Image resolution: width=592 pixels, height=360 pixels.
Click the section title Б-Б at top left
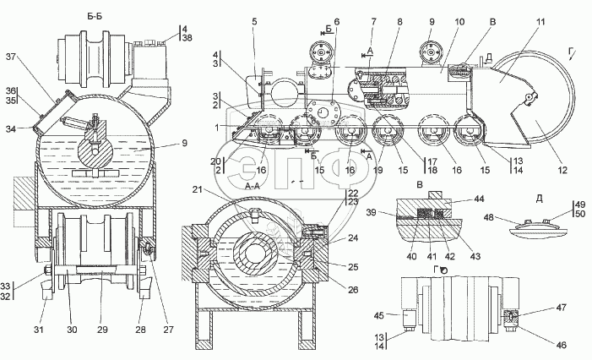click(x=95, y=16)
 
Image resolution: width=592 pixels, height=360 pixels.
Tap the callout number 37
click(x=11, y=57)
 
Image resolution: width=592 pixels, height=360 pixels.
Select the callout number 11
click(x=540, y=22)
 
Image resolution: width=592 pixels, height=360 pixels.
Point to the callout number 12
click(x=562, y=171)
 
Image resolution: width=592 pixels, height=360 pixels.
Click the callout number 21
click(x=198, y=189)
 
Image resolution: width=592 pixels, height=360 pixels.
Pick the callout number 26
click(x=353, y=290)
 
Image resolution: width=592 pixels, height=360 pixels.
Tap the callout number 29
click(x=102, y=330)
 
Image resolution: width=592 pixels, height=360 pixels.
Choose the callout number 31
click(x=39, y=330)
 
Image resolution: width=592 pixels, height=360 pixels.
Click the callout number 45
click(x=379, y=315)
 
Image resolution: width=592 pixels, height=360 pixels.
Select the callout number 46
click(x=562, y=345)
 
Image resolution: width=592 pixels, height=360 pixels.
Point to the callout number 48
click(x=489, y=217)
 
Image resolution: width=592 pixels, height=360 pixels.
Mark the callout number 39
click(x=371, y=212)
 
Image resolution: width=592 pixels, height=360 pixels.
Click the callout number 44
click(x=478, y=199)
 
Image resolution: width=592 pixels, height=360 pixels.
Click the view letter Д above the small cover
click(x=539, y=199)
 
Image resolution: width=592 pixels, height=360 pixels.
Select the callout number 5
click(x=254, y=21)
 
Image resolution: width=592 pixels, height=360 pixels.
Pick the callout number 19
click(x=377, y=171)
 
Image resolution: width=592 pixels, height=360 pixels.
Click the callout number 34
click(x=11, y=129)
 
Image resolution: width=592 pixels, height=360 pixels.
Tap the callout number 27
click(x=168, y=330)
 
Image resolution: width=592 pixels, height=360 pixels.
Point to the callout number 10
click(x=459, y=22)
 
